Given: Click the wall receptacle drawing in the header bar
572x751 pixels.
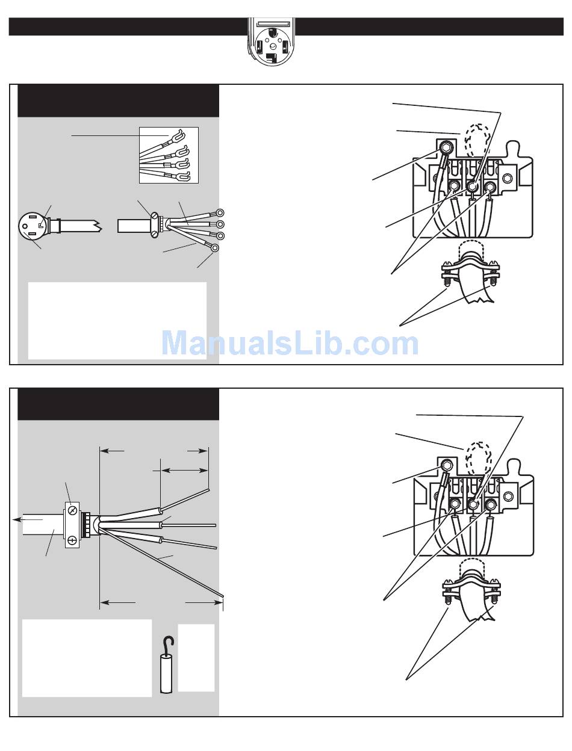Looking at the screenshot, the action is pos(271,42).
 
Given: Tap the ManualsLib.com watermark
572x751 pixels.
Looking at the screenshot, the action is pos(290,343).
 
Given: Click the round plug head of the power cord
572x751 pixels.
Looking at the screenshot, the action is pos(32,226).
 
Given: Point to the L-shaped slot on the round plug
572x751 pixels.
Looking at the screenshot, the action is pos(41,225).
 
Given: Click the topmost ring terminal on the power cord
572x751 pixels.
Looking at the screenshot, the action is pos(219,212).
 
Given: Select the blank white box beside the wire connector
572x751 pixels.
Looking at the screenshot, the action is pos(196,658).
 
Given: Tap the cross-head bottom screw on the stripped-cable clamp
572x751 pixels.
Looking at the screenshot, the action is pos(72,540).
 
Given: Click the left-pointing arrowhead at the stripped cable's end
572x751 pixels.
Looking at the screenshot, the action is pos(16,520).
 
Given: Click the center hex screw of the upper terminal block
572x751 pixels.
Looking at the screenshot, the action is pos(473,186).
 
